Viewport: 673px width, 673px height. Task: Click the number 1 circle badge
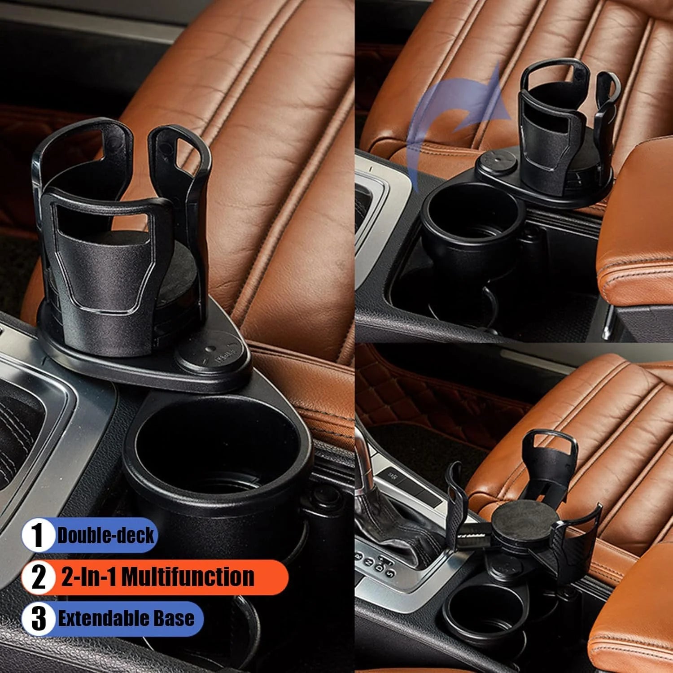click(x=38, y=535)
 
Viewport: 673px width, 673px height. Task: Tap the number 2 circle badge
click(x=39, y=577)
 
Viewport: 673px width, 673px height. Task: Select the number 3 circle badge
click(x=39, y=618)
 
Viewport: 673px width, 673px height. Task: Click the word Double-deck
click(x=106, y=535)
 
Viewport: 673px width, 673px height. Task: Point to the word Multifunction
click(x=188, y=577)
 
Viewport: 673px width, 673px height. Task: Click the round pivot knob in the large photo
click(x=212, y=352)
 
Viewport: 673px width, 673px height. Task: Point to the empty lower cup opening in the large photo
click(x=218, y=449)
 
